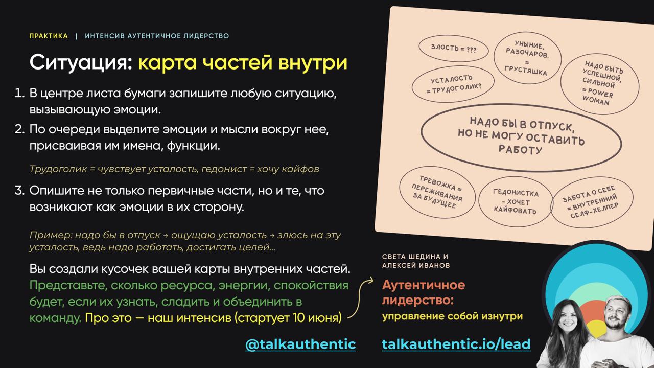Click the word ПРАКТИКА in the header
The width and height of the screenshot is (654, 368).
[x=49, y=36]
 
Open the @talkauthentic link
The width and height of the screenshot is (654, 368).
[x=300, y=344]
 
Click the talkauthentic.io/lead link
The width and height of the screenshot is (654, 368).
[x=456, y=344]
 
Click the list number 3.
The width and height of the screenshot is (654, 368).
[x=19, y=191]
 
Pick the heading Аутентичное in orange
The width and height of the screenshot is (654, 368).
[x=424, y=285]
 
